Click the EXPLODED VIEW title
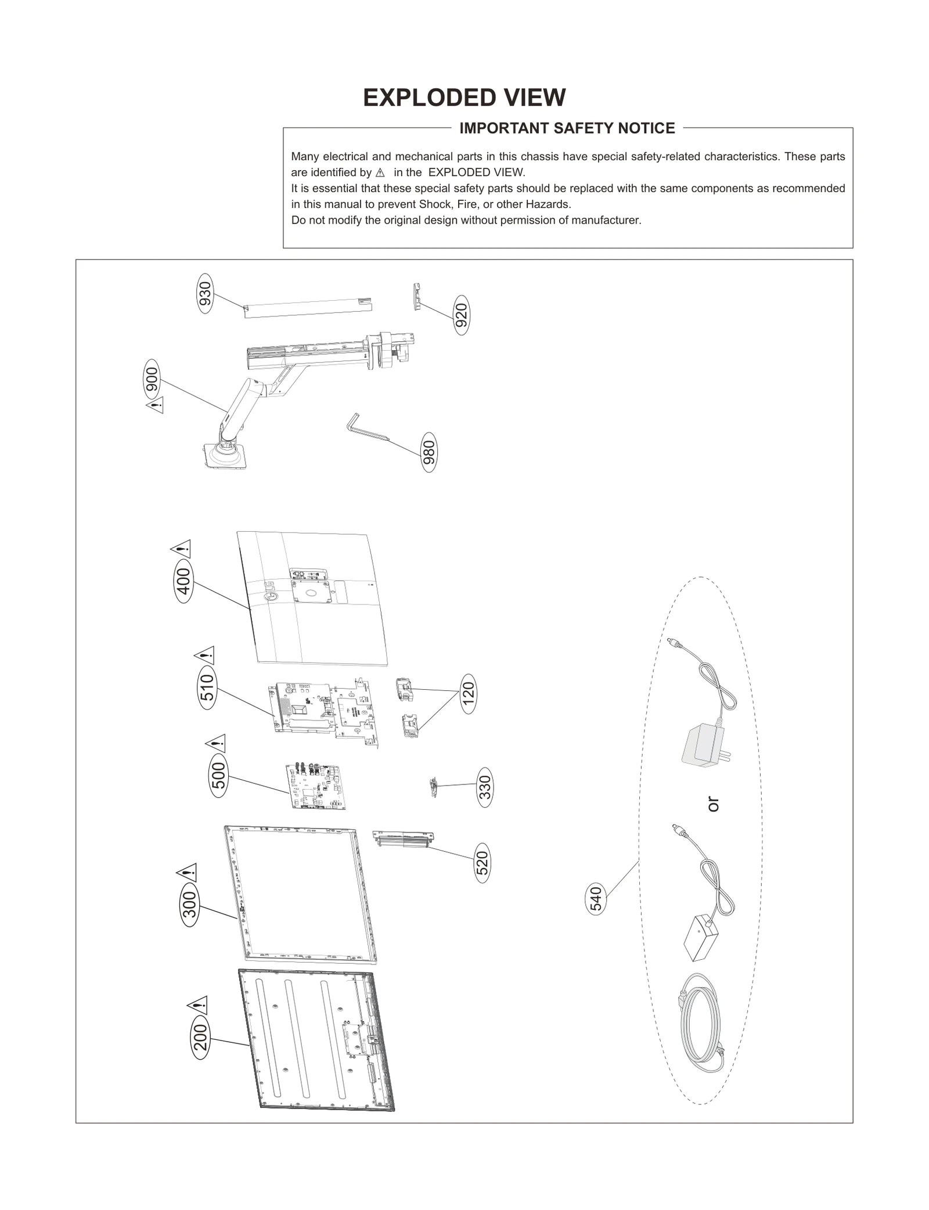[464, 98]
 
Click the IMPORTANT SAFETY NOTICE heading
[567, 128]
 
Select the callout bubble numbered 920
[461, 315]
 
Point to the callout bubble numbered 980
[429, 452]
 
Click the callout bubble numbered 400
[183, 581]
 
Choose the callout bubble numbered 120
[468, 693]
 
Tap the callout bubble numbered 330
[485, 787]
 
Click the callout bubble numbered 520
[482, 863]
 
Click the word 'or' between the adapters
[713, 804]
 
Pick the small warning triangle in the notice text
[380, 173]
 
